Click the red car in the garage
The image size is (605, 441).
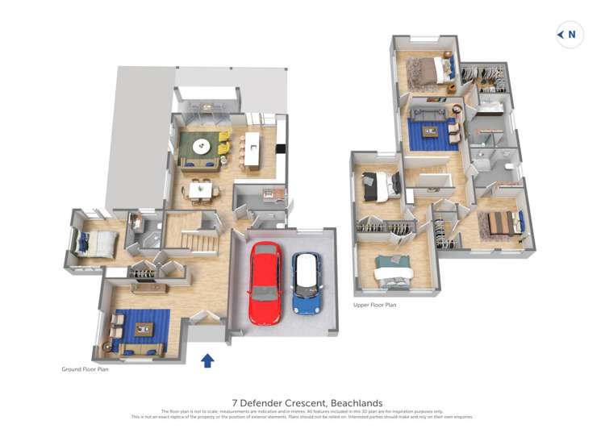pos(264,283)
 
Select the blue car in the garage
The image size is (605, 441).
pos(306,285)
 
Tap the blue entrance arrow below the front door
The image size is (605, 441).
pos(207,360)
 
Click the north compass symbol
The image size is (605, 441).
pos(570,34)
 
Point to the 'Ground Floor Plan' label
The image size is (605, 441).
pos(85,369)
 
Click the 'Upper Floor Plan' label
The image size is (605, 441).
pos(374,305)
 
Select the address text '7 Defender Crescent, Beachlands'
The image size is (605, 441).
pos(307,403)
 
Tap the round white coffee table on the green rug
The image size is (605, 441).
pos(202,146)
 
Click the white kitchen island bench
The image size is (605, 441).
pos(252,150)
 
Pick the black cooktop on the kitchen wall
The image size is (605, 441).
pos(280,148)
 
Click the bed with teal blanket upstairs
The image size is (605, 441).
pos(394,269)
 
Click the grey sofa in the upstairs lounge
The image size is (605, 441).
pos(427,110)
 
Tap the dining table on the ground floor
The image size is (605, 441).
pos(200,190)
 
